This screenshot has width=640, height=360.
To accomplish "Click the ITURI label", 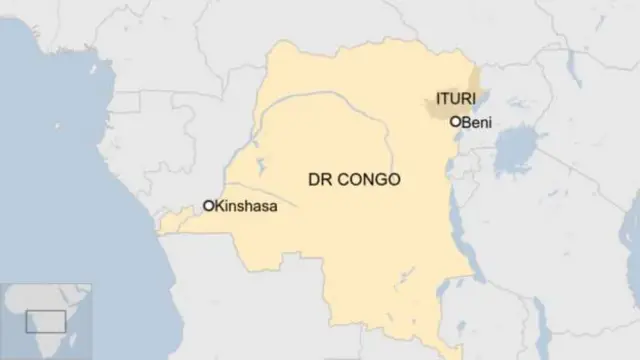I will click(453, 98).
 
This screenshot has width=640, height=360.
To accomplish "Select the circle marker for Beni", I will click(456, 121).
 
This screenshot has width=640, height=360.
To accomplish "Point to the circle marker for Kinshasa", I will click(209, 205).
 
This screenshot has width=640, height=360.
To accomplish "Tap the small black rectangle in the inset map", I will click(45, 321).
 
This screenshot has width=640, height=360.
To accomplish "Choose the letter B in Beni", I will click(467, 122).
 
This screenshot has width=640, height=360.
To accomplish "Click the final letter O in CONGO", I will click(394, 180).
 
